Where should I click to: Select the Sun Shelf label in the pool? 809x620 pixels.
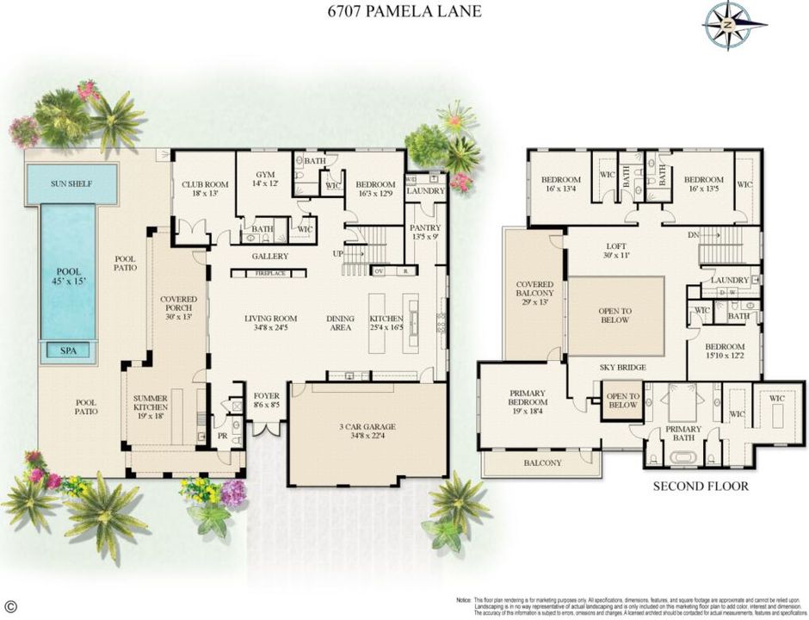71,183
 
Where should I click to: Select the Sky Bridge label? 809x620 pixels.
623,368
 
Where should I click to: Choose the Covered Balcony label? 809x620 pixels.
534,290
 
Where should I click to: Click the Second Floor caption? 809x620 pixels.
700,486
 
